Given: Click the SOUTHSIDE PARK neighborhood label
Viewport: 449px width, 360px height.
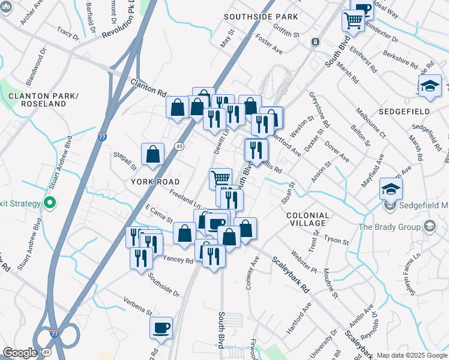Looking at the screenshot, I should pos(260,17).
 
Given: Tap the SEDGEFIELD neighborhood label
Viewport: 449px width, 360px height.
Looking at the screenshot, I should pos(404,112).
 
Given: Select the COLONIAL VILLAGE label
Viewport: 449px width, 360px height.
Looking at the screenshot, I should pos(308,220).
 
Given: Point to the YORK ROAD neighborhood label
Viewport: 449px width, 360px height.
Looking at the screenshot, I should pos(152,181).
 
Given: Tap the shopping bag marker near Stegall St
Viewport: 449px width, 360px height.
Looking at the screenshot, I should pos(153,154).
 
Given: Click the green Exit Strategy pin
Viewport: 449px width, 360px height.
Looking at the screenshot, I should pos(50,203).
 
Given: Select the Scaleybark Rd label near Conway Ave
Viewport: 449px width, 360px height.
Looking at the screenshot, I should pos(289,274).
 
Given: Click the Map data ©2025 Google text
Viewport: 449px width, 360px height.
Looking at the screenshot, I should pos(412,355).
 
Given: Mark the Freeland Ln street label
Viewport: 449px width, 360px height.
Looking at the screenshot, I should pos(184,196).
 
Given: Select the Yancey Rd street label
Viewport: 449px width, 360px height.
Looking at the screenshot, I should pos(178,260).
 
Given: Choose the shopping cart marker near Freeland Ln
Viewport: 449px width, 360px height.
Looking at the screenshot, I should pos(220,178).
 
